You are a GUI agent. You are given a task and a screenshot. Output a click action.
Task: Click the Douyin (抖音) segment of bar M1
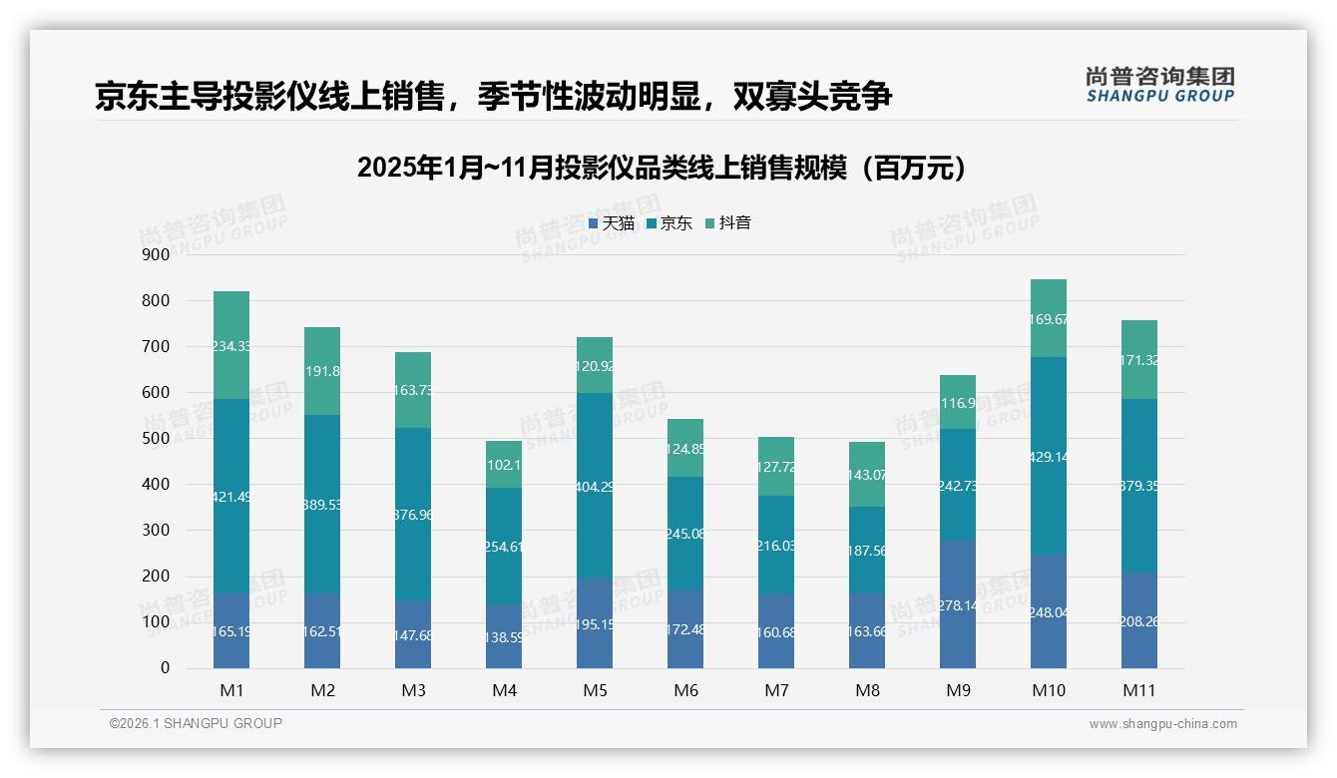coord(231,345)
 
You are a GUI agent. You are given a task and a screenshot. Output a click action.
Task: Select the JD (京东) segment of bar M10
coord(1048,456)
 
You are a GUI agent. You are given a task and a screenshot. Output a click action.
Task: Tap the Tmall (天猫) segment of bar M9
coord(957,604)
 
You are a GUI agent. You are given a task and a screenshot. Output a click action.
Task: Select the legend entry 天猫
coord(612,223)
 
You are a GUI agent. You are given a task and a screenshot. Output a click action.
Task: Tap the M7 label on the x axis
coord(776,690)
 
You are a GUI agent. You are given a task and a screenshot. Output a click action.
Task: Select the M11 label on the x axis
coord(1139,690)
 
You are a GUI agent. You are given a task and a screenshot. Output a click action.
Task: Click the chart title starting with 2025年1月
coord(662,168)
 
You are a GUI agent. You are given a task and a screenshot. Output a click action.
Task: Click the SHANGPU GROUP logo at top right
coord(1159,84)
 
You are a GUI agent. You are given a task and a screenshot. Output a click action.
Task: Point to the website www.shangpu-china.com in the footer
coord(1162,724)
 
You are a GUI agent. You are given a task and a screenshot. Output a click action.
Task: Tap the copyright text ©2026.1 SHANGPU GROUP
coord(196,723)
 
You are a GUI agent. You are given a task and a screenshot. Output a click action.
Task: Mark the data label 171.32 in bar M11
coord(1139,360)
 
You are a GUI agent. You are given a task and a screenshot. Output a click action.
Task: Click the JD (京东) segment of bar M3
coord(413,514)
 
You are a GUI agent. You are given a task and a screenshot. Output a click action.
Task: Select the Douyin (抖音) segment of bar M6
coord(685,448)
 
